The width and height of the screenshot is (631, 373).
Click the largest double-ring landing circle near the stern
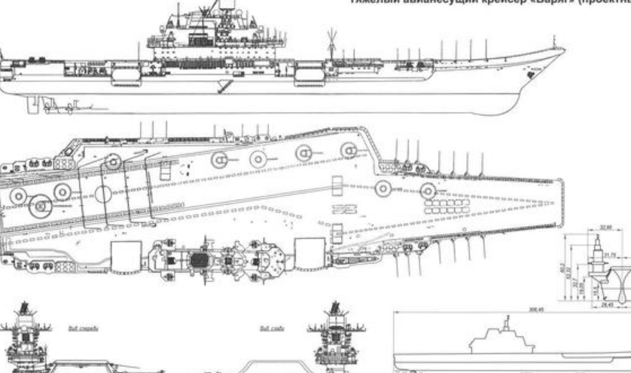(41, 202)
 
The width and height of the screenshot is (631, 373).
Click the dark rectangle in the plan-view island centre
(199, 261)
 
